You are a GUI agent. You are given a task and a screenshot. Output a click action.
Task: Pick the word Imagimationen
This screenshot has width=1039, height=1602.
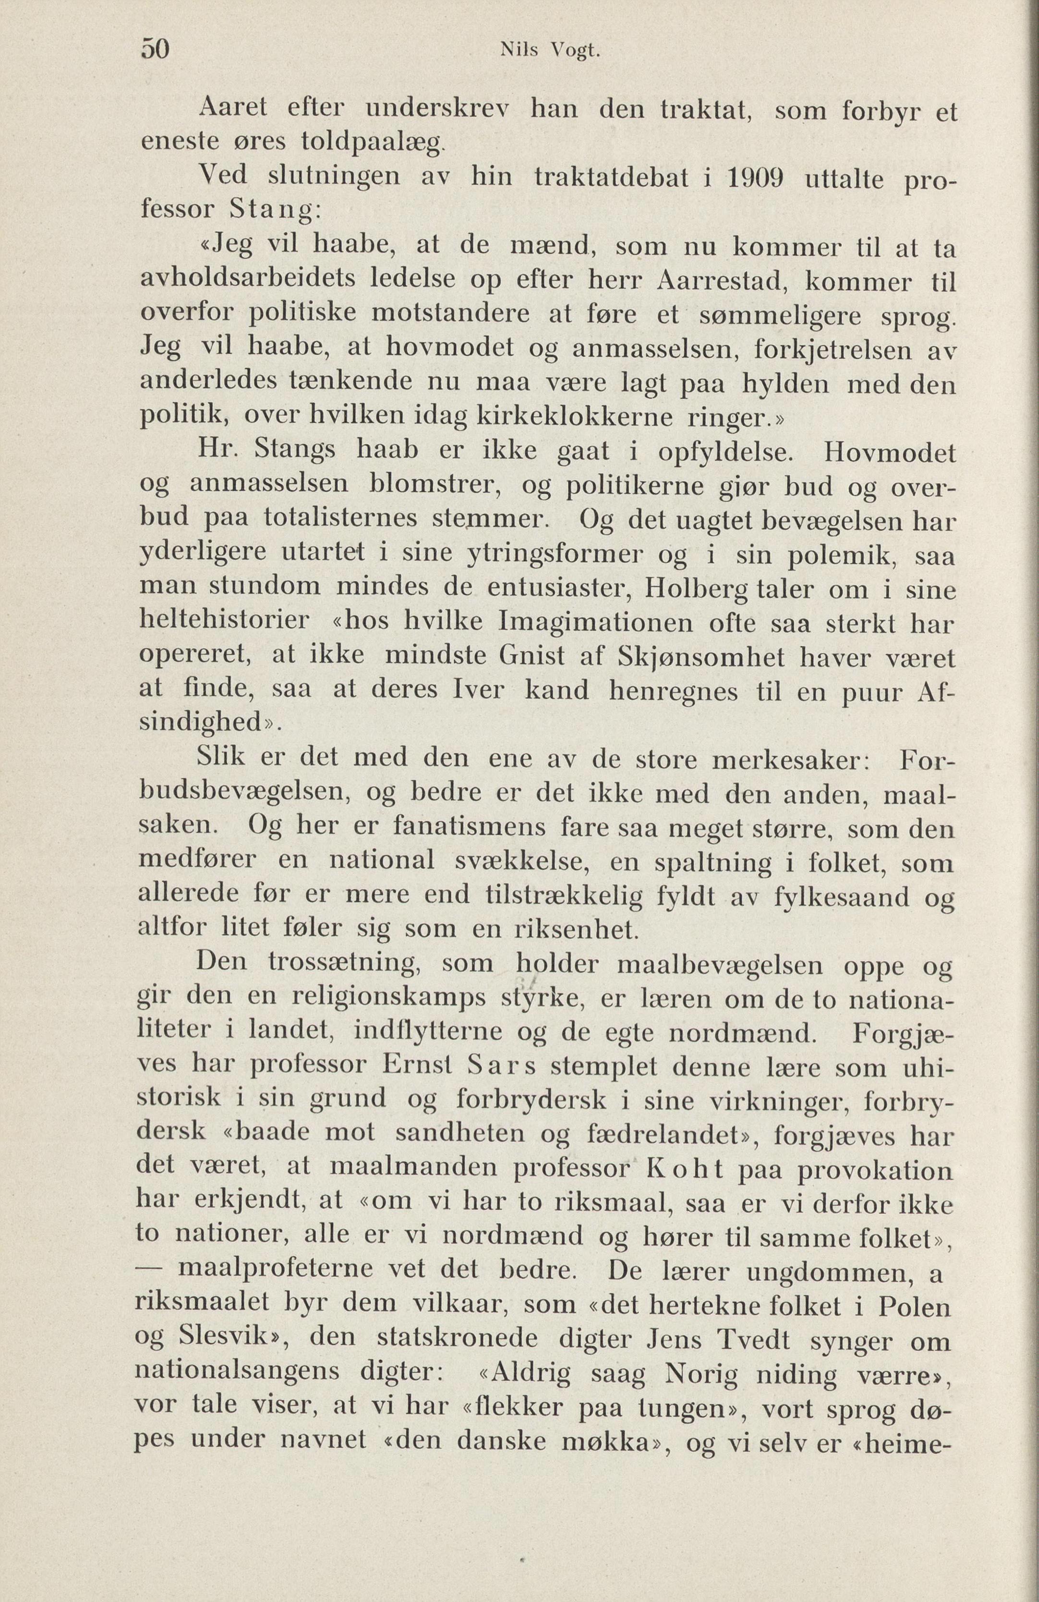595,623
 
